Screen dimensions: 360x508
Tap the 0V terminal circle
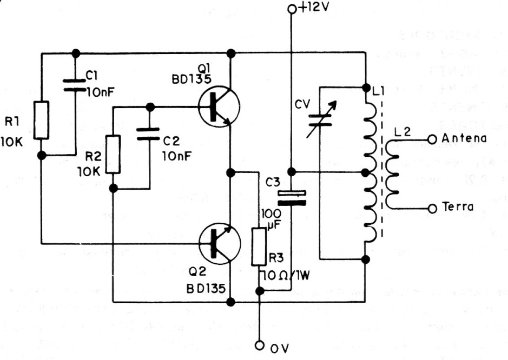[260, 345]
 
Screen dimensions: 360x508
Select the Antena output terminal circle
[432, 139]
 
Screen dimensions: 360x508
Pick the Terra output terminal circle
[432, 208]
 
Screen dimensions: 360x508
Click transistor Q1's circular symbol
[219, 106]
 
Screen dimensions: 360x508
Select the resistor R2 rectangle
[113, 154]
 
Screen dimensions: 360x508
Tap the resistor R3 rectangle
[259, 247]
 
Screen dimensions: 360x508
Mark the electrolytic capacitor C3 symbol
[292, 198]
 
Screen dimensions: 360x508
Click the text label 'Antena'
[464, 138]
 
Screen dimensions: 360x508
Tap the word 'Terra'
[458, 208]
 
